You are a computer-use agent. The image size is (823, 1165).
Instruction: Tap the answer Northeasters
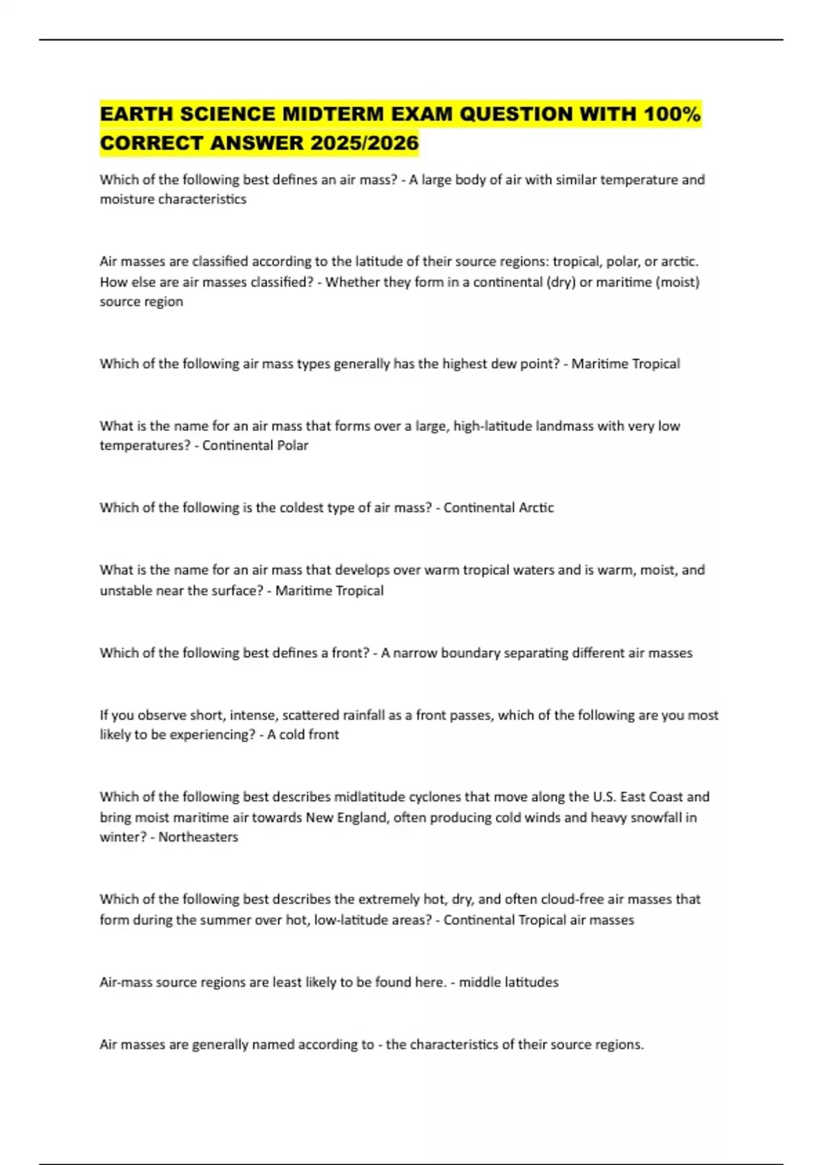pos(198,837)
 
